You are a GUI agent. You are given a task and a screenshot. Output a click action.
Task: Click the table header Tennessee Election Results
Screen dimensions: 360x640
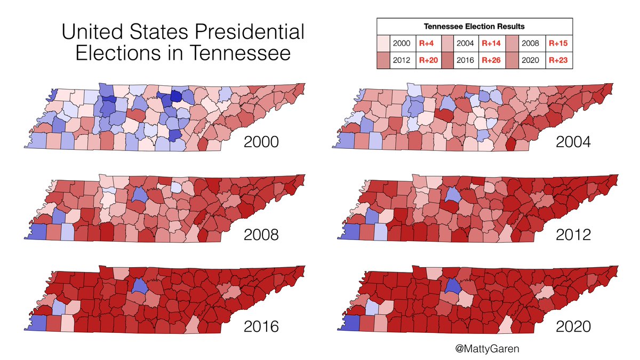(475, 26)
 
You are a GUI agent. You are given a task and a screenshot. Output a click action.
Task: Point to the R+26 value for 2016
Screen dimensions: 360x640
(491, 60)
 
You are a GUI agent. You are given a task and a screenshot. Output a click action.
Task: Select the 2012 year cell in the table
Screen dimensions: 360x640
(401, 60)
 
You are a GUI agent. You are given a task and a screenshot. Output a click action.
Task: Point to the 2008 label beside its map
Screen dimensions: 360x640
(261, 234)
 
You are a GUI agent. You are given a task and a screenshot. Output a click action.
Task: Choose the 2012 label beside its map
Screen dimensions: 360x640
(573, 234)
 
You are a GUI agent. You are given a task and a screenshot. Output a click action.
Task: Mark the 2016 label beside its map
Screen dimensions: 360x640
(261, 326)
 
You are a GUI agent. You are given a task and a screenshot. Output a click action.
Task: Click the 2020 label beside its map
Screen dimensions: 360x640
(573, 326)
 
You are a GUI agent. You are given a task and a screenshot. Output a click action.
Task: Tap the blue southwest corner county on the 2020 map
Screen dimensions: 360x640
(349, 324)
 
